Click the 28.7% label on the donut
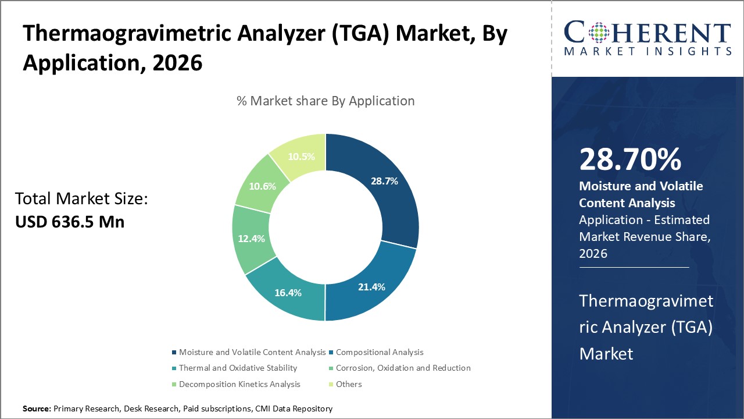point(384,181)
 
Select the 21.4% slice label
point(371,287)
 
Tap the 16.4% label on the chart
point(288,293)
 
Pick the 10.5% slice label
point(301,157)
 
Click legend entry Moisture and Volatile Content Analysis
point(252,352)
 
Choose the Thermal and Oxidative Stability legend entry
point(238,368)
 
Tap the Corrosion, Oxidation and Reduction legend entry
point(403,368)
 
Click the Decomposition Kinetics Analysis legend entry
point(239,384)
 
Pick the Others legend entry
point(349,384)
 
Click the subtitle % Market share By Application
point(325,101)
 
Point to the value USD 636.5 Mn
point(70,222)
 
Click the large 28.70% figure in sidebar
point(630,159)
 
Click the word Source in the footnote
point(36,409)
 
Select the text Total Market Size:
point(82,199)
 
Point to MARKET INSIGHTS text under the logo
point(647,51)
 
